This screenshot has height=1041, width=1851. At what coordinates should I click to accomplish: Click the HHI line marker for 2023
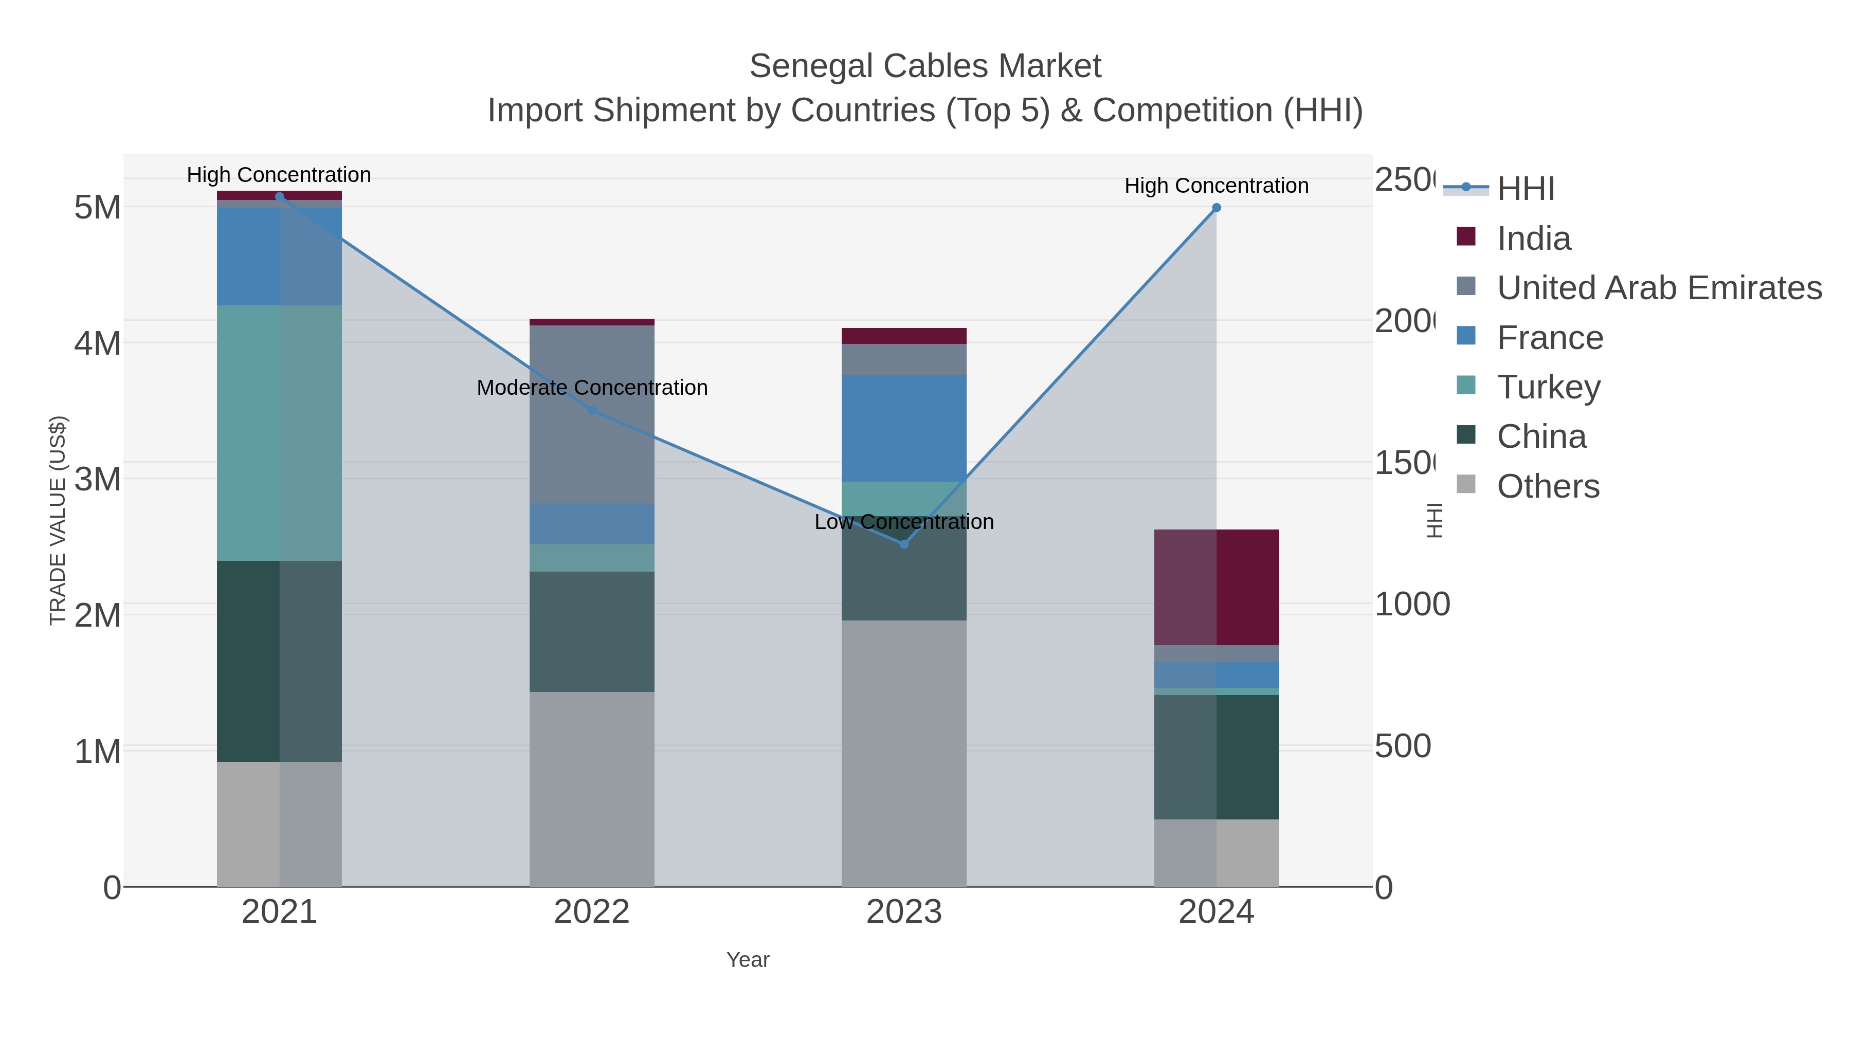coord(904,544)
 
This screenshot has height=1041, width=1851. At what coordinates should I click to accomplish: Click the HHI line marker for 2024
coord(1217,208)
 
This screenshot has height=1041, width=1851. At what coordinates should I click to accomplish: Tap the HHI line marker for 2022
coord(591,410)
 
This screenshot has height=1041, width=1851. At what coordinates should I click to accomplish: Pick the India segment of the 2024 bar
coord(1217,587)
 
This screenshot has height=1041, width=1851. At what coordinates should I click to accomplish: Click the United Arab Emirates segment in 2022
coord(591,414)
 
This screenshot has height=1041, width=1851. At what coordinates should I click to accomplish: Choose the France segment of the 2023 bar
coord(904,428)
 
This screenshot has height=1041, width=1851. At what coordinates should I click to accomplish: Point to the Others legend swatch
coord(1466,485)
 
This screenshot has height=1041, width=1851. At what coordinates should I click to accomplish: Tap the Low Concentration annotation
coord(904,522)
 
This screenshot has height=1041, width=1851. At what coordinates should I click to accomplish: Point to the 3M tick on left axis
coord(97,479)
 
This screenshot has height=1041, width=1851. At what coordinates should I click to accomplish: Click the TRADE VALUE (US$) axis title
coord(58,520)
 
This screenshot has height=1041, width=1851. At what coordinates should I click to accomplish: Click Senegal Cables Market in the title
coord(925,66)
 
